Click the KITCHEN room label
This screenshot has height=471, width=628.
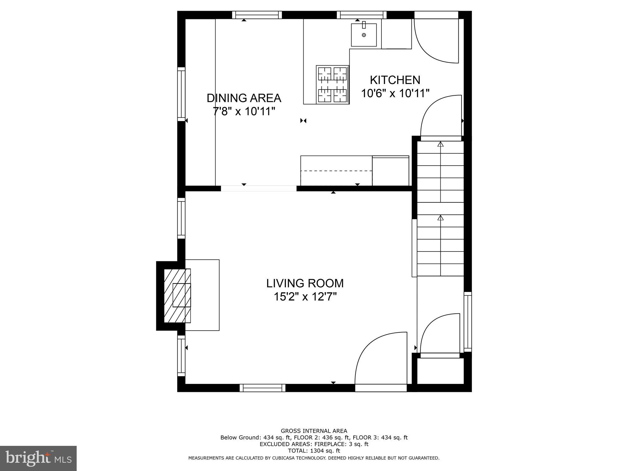[x=395, y=80]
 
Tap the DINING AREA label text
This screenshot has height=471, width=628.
[x=244, y=98]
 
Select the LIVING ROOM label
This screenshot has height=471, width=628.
[x=305, y=283]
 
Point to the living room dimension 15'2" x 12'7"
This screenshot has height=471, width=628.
[x=305, y=297]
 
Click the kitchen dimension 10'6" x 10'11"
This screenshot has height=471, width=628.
[x=395, y=93]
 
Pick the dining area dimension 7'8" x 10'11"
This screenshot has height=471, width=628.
[x=244, y=111]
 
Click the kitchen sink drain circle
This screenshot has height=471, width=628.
[x=364, y=35]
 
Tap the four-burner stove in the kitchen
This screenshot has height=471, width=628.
[x=332, y=85]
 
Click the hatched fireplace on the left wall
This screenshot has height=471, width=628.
[x=177, y=296]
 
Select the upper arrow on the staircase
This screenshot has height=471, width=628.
[x=441, y=144]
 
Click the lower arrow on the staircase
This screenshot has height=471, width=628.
[x=441, y=218]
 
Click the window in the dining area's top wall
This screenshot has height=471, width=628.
[x=257, y=15]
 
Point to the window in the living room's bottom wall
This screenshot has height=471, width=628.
[x=262, y=388]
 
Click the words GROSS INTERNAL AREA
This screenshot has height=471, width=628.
[x=314, y=431]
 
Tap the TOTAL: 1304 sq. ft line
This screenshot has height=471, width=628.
[x=314, y=451]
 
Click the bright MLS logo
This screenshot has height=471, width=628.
[x=38, y=458]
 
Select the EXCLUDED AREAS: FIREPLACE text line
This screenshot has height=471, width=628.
[x=314, y=444]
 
